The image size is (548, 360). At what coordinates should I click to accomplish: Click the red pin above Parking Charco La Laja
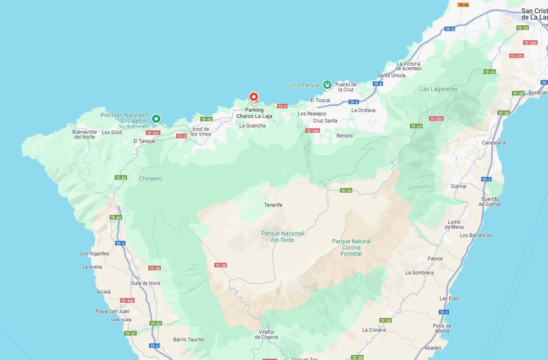point(254,98)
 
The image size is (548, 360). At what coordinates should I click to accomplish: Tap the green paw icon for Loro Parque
point(327,85)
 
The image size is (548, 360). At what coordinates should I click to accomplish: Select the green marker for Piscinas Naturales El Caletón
point(156,119)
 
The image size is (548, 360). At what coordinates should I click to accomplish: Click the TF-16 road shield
point(463,5)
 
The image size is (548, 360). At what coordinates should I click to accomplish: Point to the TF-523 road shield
point(436,119)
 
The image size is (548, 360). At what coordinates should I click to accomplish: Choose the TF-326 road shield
point(312,131)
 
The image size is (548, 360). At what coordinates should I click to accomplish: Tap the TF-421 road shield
point(153,133)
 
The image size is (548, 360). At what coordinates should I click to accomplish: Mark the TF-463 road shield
point(127,301)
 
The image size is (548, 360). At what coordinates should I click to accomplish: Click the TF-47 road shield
point(130,333)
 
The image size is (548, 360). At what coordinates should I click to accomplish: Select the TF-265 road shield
point(530,43)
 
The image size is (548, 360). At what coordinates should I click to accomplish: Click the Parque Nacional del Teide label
point(283,237)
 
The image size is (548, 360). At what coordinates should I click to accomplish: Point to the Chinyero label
point(150,179)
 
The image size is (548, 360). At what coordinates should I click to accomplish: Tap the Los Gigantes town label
point(95,254)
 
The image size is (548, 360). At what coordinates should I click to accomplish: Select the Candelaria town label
point(494,143)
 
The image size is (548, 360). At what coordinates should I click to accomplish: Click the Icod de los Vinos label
point(201,132)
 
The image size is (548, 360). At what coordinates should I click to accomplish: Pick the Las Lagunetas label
point(439,89)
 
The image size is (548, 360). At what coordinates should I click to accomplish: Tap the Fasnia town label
point(435,259)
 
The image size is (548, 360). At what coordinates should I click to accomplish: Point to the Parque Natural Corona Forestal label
point(351,247)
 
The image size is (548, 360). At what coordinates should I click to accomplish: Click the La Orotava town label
point(363,110)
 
